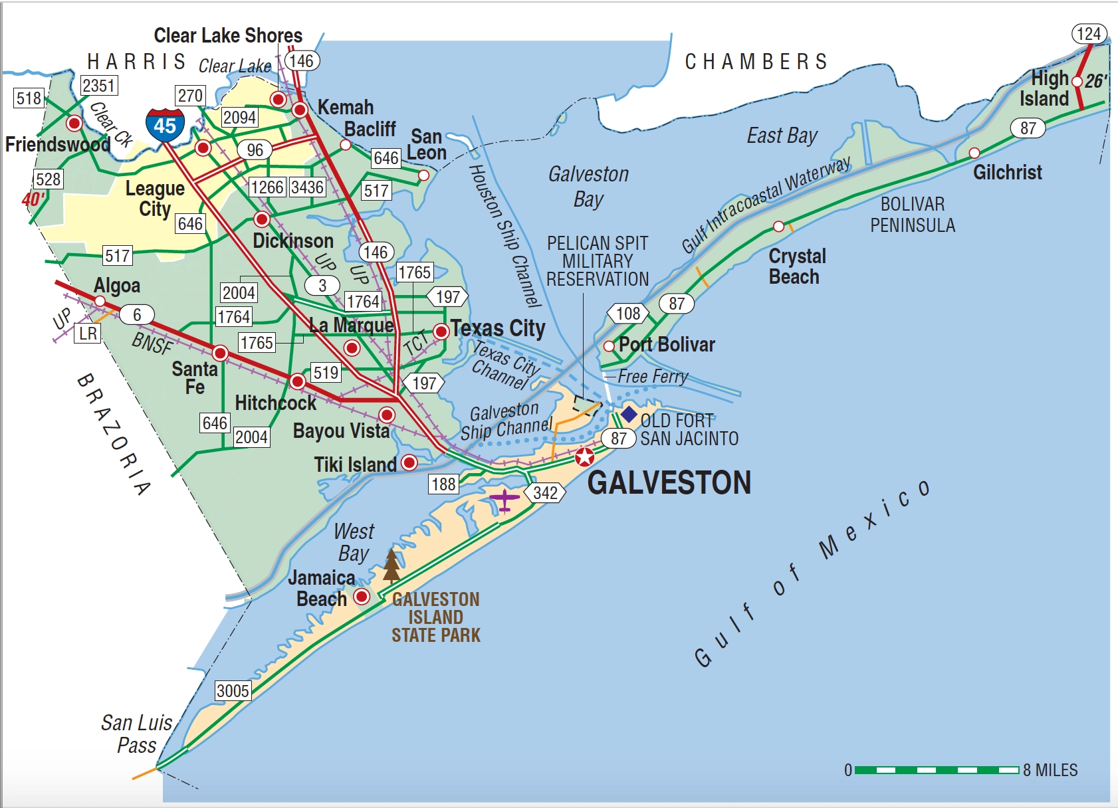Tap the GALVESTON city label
pos(669,482)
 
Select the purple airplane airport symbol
pos(504,499)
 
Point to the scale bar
pos(937,770)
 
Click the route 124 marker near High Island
pos(1089,34)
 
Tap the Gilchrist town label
pos(1007,173)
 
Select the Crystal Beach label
pos(796,266)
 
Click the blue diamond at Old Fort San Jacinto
pos(629,415)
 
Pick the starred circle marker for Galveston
pos(584,457)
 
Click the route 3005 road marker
pos(233,690)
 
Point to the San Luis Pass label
pos(137,734)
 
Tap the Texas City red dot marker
pos(441,331)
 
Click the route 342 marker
pos(545,492)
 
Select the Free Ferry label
pos(652,376)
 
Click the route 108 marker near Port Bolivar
pos(627,314)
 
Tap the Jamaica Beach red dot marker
pos(362,596)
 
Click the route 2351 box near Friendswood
pos(99,85)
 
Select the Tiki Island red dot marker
pos(409,462)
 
